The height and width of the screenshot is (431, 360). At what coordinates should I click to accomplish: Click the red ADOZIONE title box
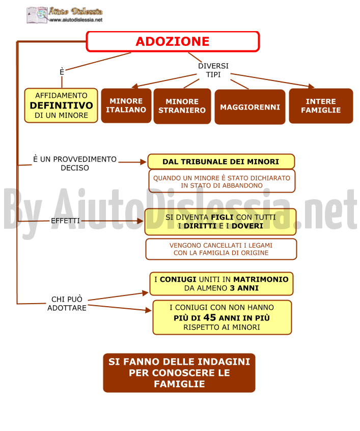click(x=173, y=41)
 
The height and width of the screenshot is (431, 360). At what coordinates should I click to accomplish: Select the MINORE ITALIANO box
click(x=126, y=105)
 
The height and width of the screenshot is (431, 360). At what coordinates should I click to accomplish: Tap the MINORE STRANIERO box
click(x=182, y=106)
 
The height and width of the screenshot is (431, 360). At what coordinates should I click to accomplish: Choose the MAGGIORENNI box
click(x=250, y=107)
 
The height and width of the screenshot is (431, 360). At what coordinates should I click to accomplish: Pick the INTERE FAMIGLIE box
click(x=321, y=106)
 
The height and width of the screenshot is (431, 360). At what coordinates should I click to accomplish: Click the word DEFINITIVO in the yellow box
click(x=61, y=105)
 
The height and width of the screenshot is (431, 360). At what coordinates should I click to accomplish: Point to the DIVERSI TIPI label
click(x=213, y=70)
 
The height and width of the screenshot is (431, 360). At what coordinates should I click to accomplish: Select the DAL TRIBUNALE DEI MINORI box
click(x=221, y=161)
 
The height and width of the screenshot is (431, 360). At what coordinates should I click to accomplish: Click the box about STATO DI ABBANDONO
click(x=221, y=181)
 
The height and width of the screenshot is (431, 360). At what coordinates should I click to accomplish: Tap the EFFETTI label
click(x=65, y=221)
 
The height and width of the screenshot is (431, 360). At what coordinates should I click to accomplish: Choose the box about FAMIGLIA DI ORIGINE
click(x=221, y=249)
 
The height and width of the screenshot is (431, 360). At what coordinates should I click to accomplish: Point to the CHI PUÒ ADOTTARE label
click(x=67, y=304)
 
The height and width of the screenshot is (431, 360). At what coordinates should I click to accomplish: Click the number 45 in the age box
click(x=210, y=317)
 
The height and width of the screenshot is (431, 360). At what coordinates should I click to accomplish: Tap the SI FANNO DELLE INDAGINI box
click(x=179, y=373)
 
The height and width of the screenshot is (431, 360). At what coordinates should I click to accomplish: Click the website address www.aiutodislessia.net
click(x=76, y=20)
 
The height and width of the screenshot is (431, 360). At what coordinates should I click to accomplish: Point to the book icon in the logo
click(x=37, y=15)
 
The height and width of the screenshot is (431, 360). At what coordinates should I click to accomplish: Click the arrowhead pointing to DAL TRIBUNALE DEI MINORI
click(x=143, y=162)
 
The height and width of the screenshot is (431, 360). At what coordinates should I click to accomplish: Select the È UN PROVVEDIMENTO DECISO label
click(x=75, y=163)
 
